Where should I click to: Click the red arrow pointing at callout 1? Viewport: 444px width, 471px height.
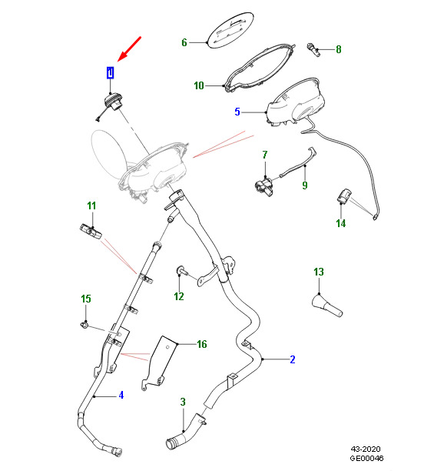point(129,49)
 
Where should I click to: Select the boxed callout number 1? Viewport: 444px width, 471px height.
point(111,72)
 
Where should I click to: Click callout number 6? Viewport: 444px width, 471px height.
point(184,42)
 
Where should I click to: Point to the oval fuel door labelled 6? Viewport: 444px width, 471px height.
point(231,30)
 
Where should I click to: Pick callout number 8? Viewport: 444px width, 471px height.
point(339,49)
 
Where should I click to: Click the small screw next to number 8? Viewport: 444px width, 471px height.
point(313,49)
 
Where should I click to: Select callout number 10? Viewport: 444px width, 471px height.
point(199,85)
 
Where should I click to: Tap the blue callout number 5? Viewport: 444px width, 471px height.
point(237,112)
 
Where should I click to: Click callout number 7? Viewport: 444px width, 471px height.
point(265,155)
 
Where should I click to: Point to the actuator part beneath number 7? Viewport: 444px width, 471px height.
point(263,186)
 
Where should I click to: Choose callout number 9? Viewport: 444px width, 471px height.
point(305,185)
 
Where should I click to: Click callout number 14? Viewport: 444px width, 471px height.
point(341,223)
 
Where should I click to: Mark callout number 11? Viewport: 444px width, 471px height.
point(91,205)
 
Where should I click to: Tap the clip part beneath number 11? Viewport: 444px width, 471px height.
point(91,232)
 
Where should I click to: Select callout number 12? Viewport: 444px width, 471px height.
point(179,296)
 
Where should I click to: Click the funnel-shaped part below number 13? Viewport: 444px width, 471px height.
point(327,306)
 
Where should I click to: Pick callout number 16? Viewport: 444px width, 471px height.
point(202,344)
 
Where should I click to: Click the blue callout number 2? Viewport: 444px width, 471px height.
point(293,359)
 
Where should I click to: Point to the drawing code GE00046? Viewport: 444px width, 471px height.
point(366,458)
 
